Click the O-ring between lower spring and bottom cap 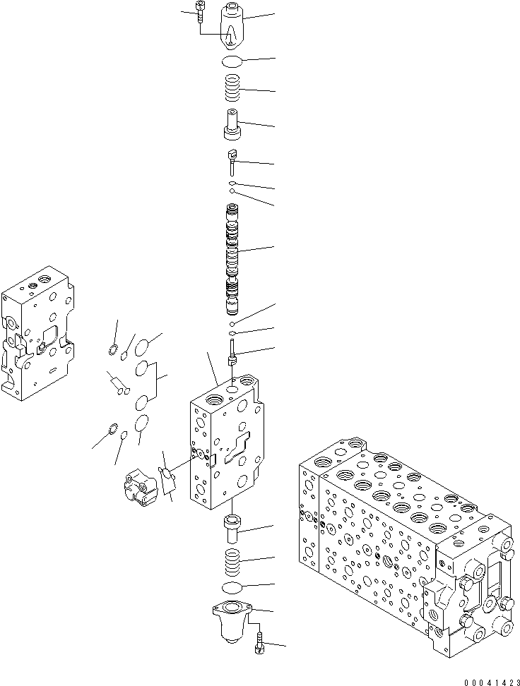[x=233, y=588]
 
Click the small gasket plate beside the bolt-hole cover [x=168, y=479]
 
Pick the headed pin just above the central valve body [x=232, y=354]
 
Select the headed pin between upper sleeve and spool [x=232, y=161]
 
